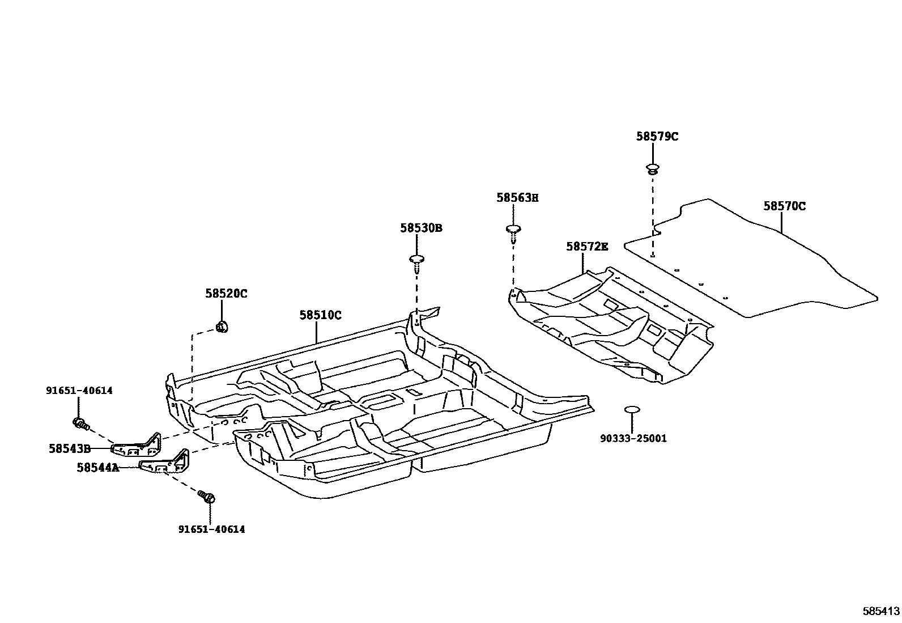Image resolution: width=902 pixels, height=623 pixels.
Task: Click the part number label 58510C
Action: (x=320, y=315)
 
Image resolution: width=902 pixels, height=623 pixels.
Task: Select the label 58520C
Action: (x=226, y=294)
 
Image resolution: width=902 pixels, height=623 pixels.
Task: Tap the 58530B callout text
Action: (x=421, y=228)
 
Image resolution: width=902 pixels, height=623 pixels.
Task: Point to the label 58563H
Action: (x=517, y=198)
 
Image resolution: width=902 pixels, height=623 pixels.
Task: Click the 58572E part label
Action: (x=587, y=247)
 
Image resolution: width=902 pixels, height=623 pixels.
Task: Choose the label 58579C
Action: (x=657, y=136)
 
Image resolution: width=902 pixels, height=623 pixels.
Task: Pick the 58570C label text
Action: (x=784, y=206)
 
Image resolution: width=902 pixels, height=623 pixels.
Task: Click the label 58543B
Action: (x=70, y=448)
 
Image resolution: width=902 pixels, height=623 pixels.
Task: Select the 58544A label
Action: (x=98, y=468)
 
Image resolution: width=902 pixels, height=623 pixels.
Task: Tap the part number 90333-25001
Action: (x=634, y=438)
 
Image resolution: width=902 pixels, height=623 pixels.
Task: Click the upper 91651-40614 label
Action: (x=79, y=390)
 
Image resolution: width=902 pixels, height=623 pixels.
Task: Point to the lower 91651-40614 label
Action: (x=211, y=529)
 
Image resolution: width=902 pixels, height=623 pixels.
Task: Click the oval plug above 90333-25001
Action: (x=631, y=409)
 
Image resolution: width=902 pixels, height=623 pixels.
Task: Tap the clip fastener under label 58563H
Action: (x=513, y=230)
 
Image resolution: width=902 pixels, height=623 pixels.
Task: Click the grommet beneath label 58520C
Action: (x=221, y=327)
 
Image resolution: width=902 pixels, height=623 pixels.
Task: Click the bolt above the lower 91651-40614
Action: (x=207, y=498)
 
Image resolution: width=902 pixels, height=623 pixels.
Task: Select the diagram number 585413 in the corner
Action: (x=881, y=611)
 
